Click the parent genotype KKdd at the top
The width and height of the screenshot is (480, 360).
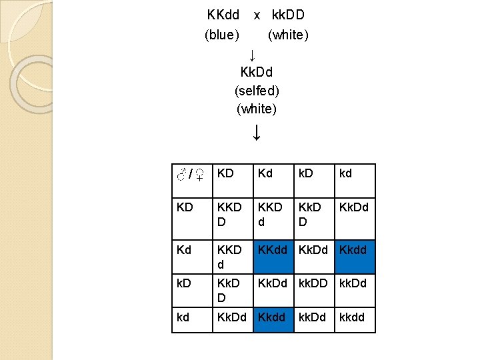pos(223,14)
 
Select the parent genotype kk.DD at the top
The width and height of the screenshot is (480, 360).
pos(288,14)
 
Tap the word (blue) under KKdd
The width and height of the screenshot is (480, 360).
pos(222,35)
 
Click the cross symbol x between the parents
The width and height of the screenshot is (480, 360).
pos(257,14)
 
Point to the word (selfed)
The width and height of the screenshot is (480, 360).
pos(257,89)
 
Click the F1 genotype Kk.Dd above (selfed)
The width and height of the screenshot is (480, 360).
pos(257,71)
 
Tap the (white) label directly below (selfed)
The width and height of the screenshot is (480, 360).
pos(257,109)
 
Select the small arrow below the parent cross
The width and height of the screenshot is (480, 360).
pos(252,53)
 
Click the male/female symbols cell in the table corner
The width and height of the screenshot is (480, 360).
pos(189,175)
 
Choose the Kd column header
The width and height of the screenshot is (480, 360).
pos(266,173)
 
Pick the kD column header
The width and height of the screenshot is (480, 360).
pos(307,173)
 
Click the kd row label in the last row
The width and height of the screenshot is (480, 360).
pos(184,317)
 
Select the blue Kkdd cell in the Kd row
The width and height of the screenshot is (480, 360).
pos(353,250)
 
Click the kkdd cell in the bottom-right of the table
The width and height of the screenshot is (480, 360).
pos(352,317)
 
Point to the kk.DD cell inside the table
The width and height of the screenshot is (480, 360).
pos(313,283)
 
